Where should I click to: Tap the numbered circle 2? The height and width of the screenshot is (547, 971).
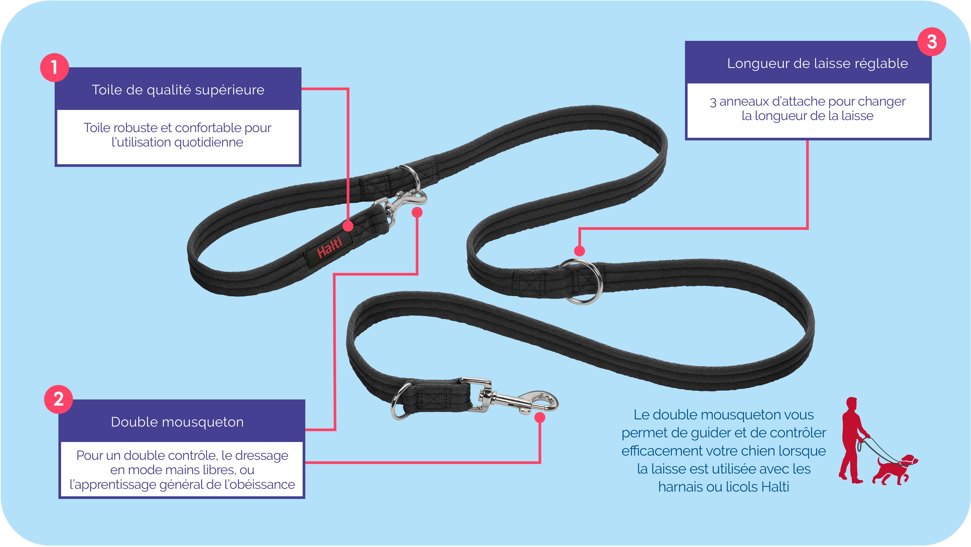point(58,399)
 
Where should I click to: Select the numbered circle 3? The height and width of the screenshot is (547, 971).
point(932,41)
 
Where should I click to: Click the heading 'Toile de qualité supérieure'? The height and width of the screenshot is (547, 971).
point(178,90)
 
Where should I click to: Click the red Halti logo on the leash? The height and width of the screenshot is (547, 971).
point(329,247)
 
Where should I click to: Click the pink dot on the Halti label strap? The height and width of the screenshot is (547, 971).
point(348,226)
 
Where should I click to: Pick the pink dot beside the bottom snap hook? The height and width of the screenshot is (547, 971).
point(540,417)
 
